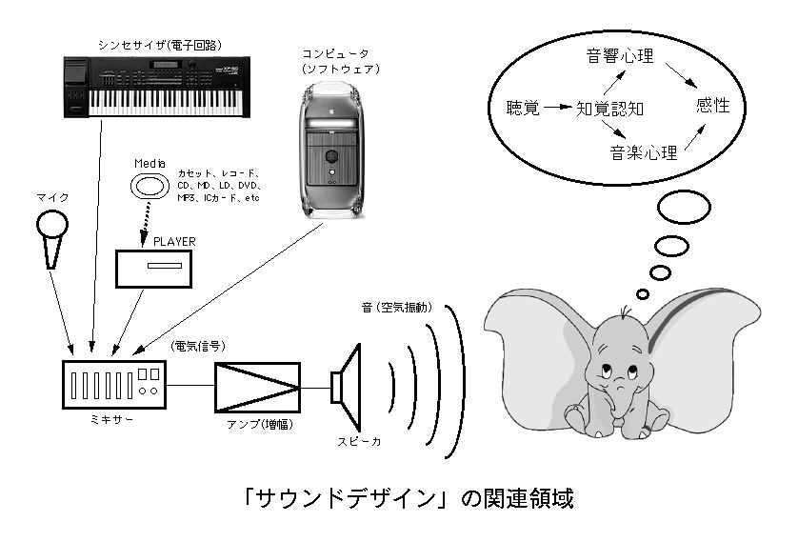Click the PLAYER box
(154, 267)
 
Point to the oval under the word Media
(150, 188)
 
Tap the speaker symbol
(348, 386)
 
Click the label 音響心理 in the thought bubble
(620, 56)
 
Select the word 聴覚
(523, 108)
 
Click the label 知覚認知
(611, 109)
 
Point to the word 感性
(713, 106)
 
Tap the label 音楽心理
(642, 152)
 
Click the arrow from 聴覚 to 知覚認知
(559, 108)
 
